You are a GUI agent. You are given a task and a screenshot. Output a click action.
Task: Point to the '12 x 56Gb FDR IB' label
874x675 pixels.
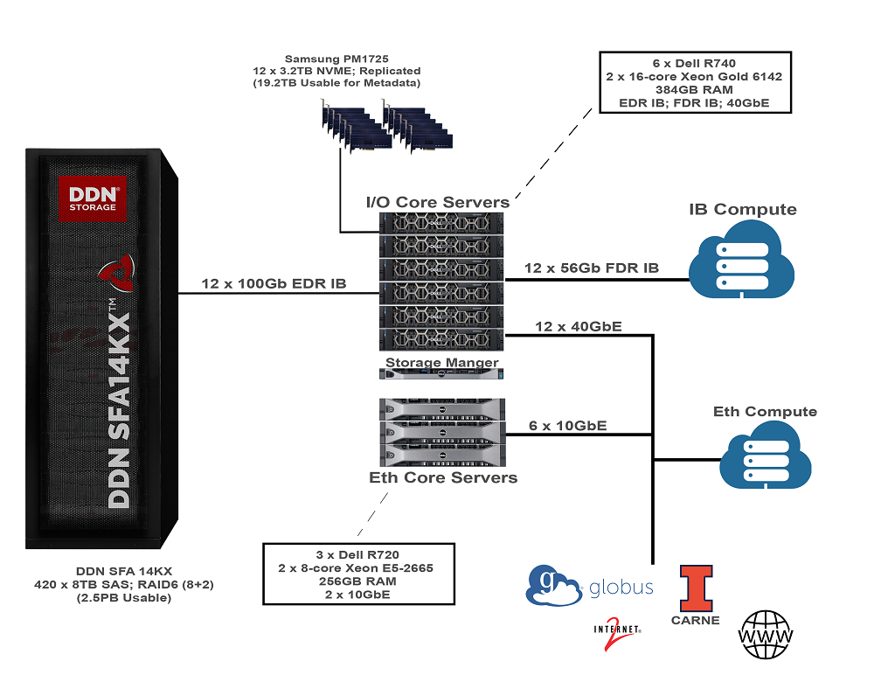tap(591, 268)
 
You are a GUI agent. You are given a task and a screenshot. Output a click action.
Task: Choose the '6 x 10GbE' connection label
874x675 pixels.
tap(568, 426)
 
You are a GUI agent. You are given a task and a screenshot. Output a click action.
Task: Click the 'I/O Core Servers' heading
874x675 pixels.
tap(437, 202)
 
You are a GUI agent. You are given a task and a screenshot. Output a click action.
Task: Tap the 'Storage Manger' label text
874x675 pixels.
tap(442, 362)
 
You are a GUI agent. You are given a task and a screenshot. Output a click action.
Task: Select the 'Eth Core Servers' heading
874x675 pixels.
tap(442, 477)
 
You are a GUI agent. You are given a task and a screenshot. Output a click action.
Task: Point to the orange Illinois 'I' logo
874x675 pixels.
tap(696, 588)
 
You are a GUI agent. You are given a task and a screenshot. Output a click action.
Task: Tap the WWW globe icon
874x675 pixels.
tap(766, 633)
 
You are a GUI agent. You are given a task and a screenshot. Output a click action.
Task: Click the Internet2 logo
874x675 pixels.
tap(618, 636)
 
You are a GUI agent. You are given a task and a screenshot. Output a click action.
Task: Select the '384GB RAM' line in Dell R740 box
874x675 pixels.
tap(693, 90)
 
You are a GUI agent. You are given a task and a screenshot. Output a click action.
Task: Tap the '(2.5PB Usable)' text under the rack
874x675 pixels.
tap(98, 598)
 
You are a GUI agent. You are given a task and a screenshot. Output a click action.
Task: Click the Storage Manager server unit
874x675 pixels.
tap(442, 374)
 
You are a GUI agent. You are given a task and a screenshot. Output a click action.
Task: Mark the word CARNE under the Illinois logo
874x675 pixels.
tap(696, 620)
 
